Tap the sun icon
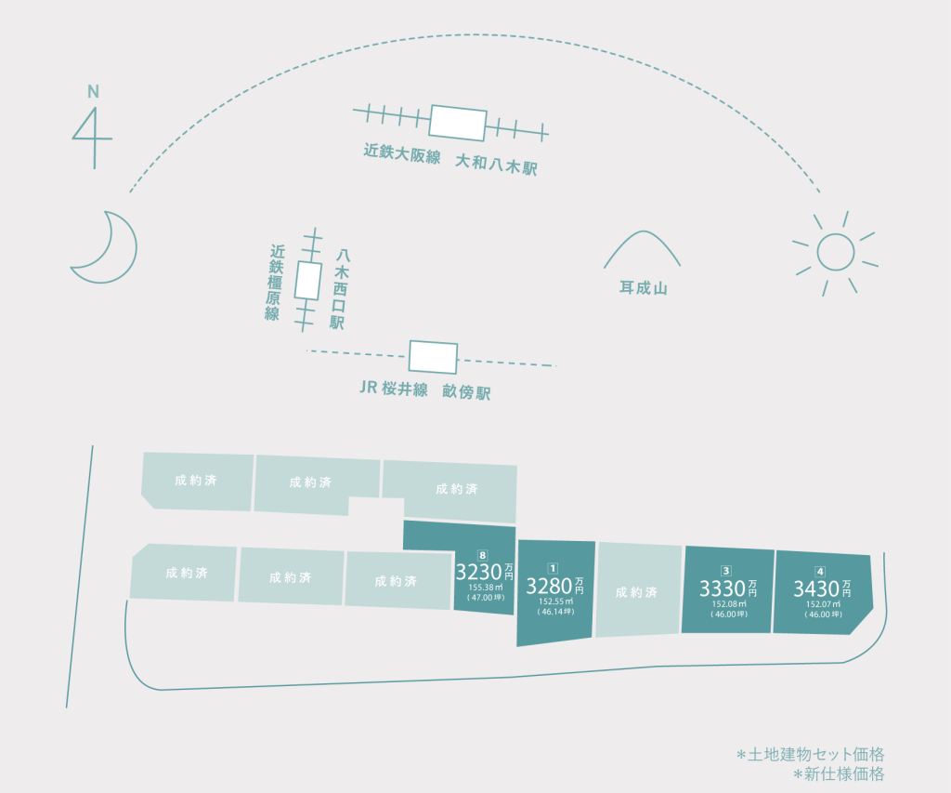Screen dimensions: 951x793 (x=835, y=252)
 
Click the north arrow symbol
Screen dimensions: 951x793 (x=93, y=138)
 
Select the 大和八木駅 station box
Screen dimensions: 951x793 (x=457, y=123)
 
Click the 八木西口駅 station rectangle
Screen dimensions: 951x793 (x=308, y=281)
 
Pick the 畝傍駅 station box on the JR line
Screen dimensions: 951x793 (x=433, y=357)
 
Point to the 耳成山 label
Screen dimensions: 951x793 (x=644, y=287)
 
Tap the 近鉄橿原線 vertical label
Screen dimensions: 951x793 (x=274, y=283)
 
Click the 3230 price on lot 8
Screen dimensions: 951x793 (x=478, y=572)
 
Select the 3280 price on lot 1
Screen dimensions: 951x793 (x=549, y=586)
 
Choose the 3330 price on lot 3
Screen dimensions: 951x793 (x=723, y=588)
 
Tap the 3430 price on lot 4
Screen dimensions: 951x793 (x=816, y=588)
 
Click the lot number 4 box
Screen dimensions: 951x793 (x=820, y=572)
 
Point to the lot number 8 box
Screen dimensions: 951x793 (x=482, y=555)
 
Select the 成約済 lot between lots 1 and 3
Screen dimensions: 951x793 (x=638, y=590)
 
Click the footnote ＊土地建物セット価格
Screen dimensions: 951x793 (x=810, y=755)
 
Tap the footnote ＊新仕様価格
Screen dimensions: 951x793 (x=839, y=774)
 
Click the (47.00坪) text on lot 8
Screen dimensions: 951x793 (x=486, y=598)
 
